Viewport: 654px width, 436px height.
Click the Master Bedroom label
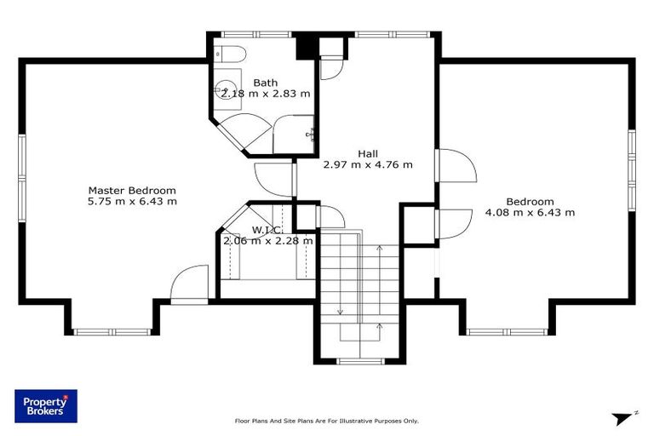132,191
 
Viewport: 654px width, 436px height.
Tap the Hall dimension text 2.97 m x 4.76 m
368,165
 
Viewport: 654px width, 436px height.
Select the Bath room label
266,83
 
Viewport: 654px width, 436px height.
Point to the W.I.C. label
267,229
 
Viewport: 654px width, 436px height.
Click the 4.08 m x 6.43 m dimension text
530,212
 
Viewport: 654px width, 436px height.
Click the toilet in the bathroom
230,54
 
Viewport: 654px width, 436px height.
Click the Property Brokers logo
46,406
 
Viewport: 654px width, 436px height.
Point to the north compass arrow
623,418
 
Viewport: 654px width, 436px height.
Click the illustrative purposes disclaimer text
327,421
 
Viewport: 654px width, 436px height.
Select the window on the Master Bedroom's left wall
22,178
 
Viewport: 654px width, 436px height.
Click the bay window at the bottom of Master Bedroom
112,332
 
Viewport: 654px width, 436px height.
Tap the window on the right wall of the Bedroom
632,170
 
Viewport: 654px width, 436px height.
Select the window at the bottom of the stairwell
360,361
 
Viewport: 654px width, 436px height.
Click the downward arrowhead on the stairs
341,312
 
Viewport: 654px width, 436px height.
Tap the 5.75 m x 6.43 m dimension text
132,202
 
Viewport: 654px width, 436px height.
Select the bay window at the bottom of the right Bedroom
507,332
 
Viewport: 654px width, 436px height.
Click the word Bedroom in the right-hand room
530,202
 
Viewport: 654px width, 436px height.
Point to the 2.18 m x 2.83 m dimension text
266,94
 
